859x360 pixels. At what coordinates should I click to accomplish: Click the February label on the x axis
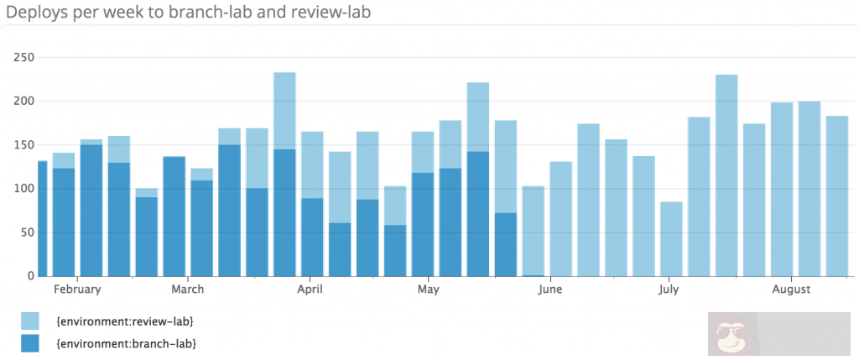[77, 290]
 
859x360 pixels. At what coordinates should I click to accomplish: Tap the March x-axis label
[187, 290]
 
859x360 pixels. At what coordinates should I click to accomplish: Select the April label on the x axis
[310, 290]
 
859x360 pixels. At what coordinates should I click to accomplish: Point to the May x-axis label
[428, 290]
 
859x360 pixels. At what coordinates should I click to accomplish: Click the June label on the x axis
[550, 290]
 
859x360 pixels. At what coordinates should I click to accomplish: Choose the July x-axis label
[669, 290]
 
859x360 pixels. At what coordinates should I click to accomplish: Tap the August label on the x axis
[791, 290]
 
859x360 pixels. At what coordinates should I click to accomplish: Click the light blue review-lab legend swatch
[29, 321]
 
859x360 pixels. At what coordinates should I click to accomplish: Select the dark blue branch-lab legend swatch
[29, 342]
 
